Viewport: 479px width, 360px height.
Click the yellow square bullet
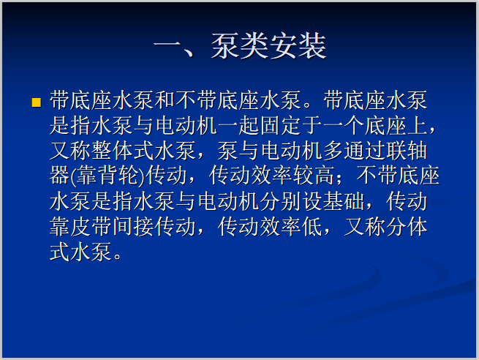click(36, 102)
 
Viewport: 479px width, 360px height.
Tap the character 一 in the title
click(167, 46)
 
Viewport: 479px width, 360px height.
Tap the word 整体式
click(123, 151)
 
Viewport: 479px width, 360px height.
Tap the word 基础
click(364, 201)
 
